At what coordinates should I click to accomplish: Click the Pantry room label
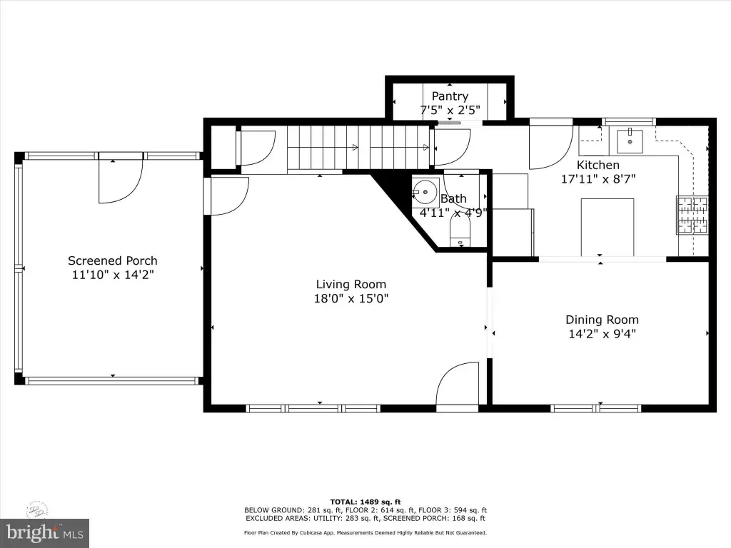pyautogui.click(x=450, y=96)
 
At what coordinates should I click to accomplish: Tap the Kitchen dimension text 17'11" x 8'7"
pyautogui.click(x=598, y=179)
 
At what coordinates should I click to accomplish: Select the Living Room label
pyautogui.click(x=351, y=284)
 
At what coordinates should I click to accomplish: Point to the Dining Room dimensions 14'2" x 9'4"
pyautogui.click(x=602, y=334)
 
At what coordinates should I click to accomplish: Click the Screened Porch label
pyautogui.click(x=112, y=260)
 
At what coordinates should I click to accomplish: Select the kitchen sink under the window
pyautogui.click(x=630, y=142)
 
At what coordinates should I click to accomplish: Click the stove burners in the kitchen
pyautogui.click(x=692, y=215)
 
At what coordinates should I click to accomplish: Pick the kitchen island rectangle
pyautogui.click(x=607, y=227)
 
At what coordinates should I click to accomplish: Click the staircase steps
pyautogui.click(x=358, y=148)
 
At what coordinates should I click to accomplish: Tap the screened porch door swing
pyautogui.click(x=120, y=181)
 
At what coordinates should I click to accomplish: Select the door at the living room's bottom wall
pyautogui.click(x=458, y=384)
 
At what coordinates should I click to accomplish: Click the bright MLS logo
pyautogui.click(x=45, y=533)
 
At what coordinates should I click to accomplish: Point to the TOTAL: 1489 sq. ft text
pyautogui.click(x=365, y=502)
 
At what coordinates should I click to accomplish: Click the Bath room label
pyautogui.click(x=453, y=199)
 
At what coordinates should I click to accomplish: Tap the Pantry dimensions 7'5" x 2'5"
pyautogui.click(x=450, y=111)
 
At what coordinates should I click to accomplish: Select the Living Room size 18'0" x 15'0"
pyautogui.click(x=351, y=298)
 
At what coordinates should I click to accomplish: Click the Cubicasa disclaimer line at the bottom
pyautogui.click(x=365, y=532)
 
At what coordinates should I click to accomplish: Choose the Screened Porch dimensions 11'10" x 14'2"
pyautogui.click(x=113, y=275)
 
